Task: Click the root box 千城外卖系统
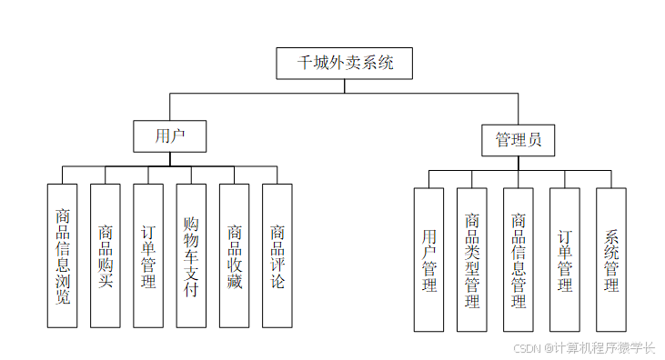click(x=346, y=63)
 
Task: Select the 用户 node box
click(x=169, y=136)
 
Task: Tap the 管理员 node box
click(x=519, y=140)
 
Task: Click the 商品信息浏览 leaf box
click(x=62, y=255)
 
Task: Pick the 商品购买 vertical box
click(x=105, y=255)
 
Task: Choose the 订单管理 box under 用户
click(x=148, y=255)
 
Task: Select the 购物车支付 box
click(x=191, y=255)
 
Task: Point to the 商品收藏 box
click(x=234, y=255)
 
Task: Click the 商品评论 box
click(x=277, y=255)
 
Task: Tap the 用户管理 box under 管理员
click(x=429, y=260)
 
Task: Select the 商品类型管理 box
click(x=472, y=260)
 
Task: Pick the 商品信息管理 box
click(x=519, y=260)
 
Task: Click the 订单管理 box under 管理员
click(x=565, y=260)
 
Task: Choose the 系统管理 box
click(x=611, y=260)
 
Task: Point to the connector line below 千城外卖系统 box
click(x=346, y=85)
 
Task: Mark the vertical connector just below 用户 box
click(x=169, y=159)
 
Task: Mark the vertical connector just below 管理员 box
click(x=519, y=163)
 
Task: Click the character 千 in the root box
click(x=307, y=64)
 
